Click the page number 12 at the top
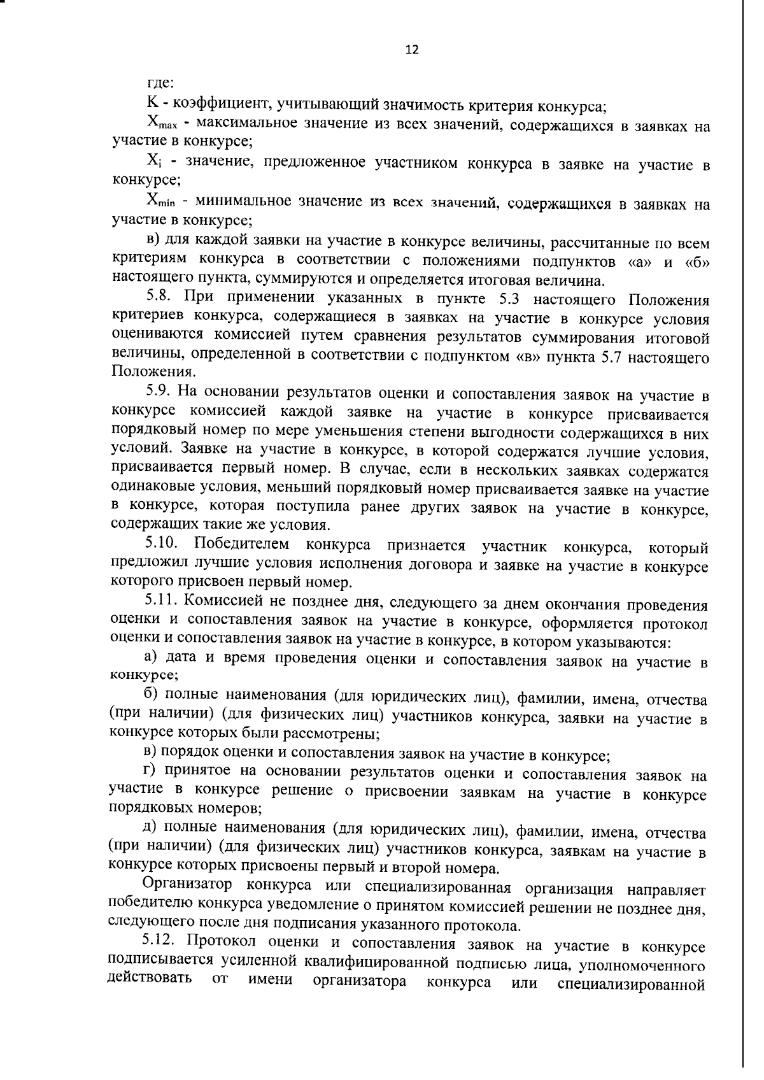[x=412, y=50]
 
